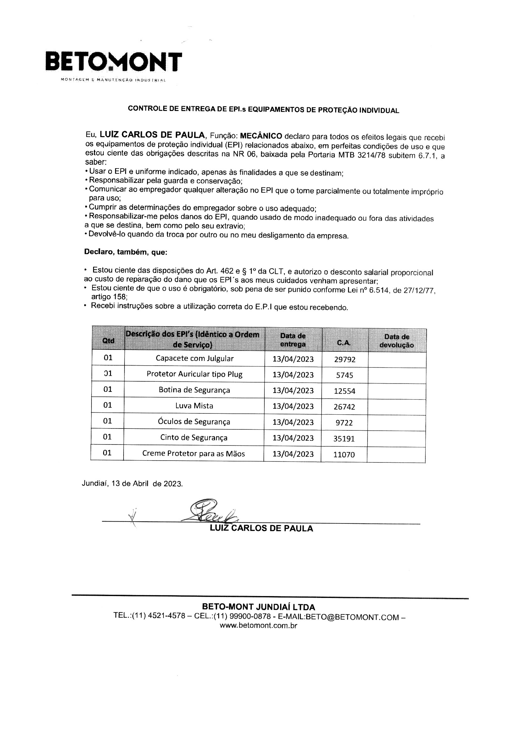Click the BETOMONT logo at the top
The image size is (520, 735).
(114, 62)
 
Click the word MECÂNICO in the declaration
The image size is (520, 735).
(261, 135)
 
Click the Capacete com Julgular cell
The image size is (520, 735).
(194, 358)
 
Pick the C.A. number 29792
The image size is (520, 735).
(345, 360)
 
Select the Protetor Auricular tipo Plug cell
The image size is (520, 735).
(194, 374)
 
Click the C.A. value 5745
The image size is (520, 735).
(345, 375)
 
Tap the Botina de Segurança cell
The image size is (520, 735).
(194, 390)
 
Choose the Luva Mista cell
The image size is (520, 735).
(194, 406)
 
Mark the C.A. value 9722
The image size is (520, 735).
(344, 423)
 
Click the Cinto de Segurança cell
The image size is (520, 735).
(194, 437)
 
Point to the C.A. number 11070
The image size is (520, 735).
(344, 454)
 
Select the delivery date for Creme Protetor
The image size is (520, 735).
(293, 454)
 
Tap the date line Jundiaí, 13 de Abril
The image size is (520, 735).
(132, 484)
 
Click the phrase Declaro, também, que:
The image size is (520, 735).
(125, 252)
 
